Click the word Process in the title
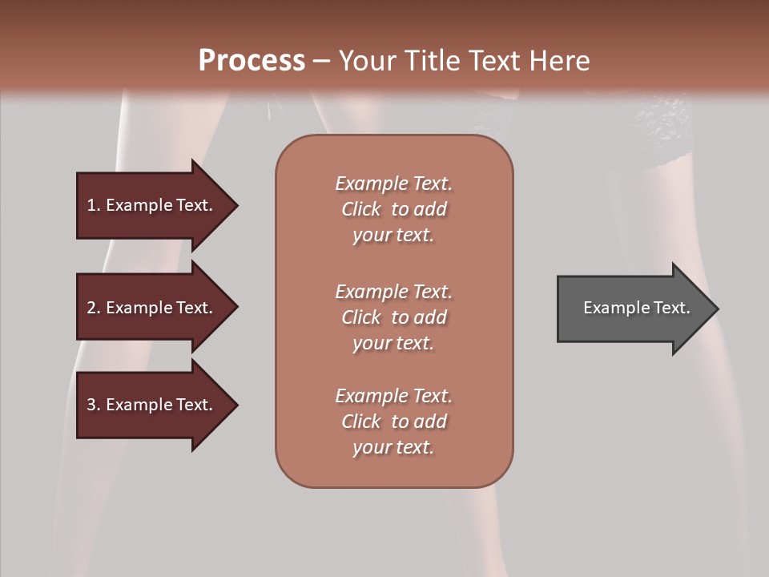pos(252,61)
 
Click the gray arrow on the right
pos(633,309)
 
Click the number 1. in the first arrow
pos(94,205)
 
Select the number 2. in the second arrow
pos(94,308)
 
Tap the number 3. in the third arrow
pos(94,405)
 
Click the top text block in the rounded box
pos(393,209)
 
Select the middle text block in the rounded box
pos(393,317)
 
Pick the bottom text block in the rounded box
pos(393,422)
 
